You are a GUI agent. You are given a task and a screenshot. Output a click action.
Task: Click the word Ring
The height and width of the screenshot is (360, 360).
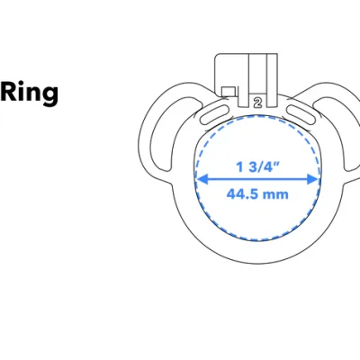point(30,94)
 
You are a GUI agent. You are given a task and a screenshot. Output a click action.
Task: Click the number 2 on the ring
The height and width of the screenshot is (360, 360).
point(257,103)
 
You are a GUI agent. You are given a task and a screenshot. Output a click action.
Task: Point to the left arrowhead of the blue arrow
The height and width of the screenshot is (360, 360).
point(200,178)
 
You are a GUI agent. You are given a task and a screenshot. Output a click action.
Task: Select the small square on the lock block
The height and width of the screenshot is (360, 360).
point(229,90)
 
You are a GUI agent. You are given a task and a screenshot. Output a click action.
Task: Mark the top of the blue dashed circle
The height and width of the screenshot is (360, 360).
point(257,117)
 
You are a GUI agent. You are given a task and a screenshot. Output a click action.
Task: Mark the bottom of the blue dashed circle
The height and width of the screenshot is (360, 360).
point(257,240)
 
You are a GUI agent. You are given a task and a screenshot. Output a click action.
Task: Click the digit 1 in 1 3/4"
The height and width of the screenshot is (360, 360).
point(239,166)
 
